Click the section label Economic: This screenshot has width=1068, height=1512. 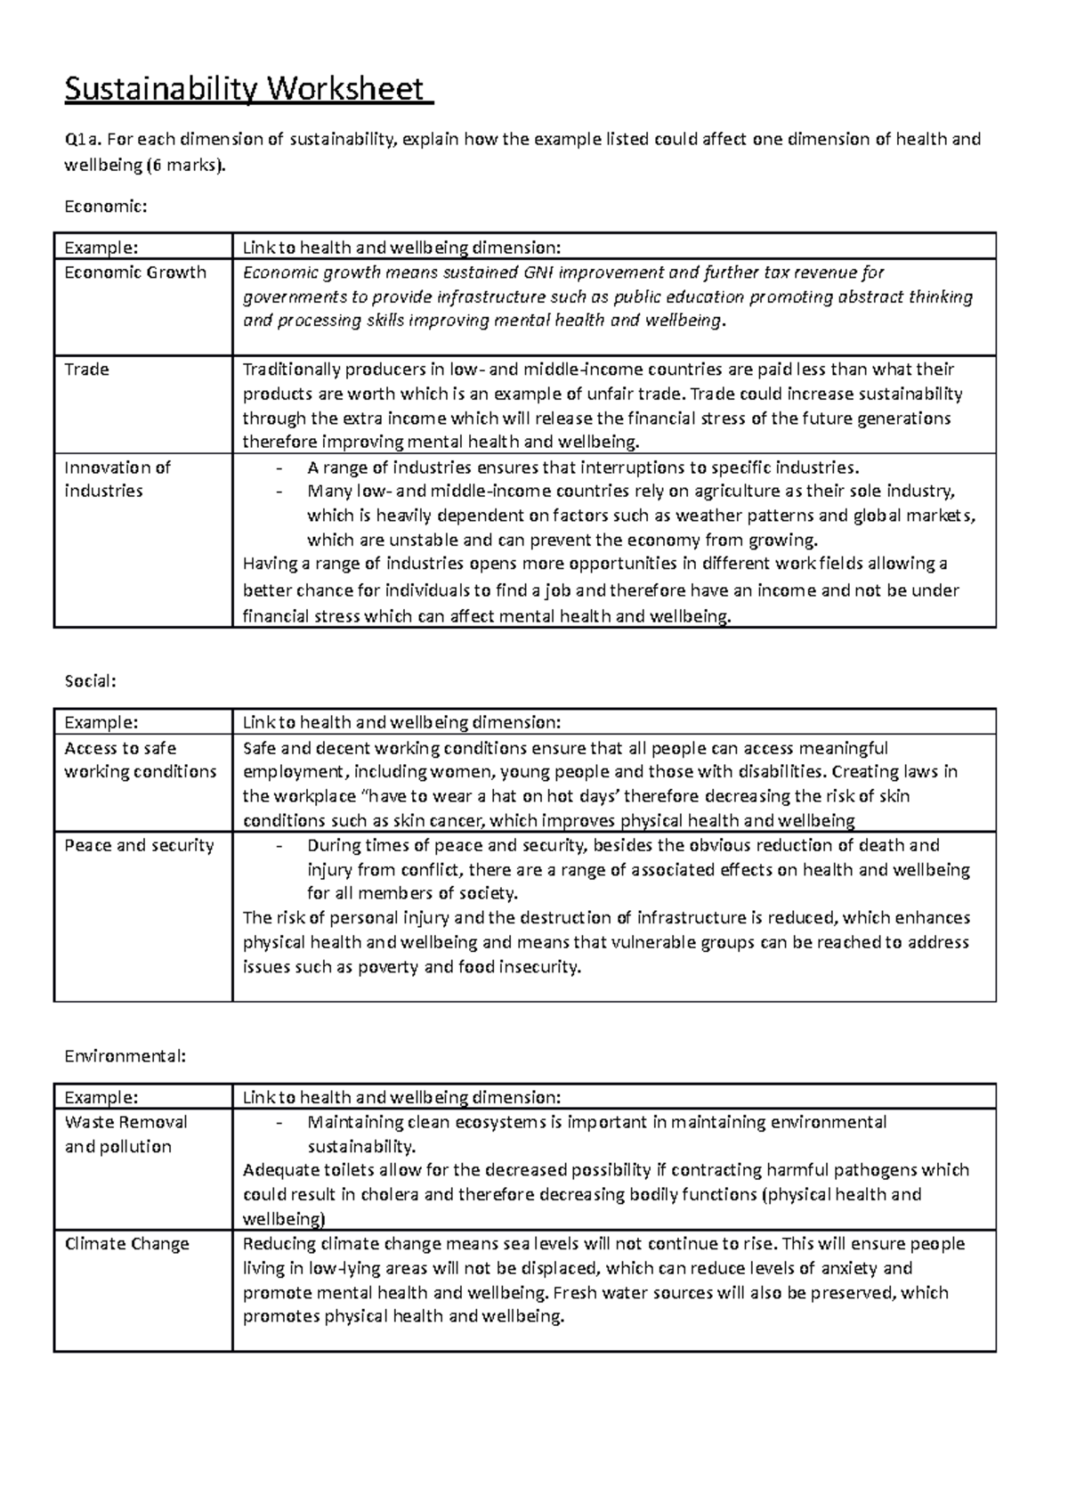[x=105, y=206]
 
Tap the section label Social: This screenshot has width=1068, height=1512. [x=91, y=681]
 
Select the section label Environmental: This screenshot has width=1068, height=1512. [x=125, y=1056]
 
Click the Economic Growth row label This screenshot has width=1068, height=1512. [x=135, y=272]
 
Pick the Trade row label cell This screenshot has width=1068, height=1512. [x=87, y=370]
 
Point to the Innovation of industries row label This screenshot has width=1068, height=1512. [x=117, y=479]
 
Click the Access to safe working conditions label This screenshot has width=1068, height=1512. [x=140, y=760]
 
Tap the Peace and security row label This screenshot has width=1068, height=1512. [x=139, y=845]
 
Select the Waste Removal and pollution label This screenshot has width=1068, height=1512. [x=125, y=1134]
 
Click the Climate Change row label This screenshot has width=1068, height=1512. [x=127, y=1244]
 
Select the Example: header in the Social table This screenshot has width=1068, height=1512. [x=101, y=722]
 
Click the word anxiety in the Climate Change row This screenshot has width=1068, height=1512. [x=853, y=1268]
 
